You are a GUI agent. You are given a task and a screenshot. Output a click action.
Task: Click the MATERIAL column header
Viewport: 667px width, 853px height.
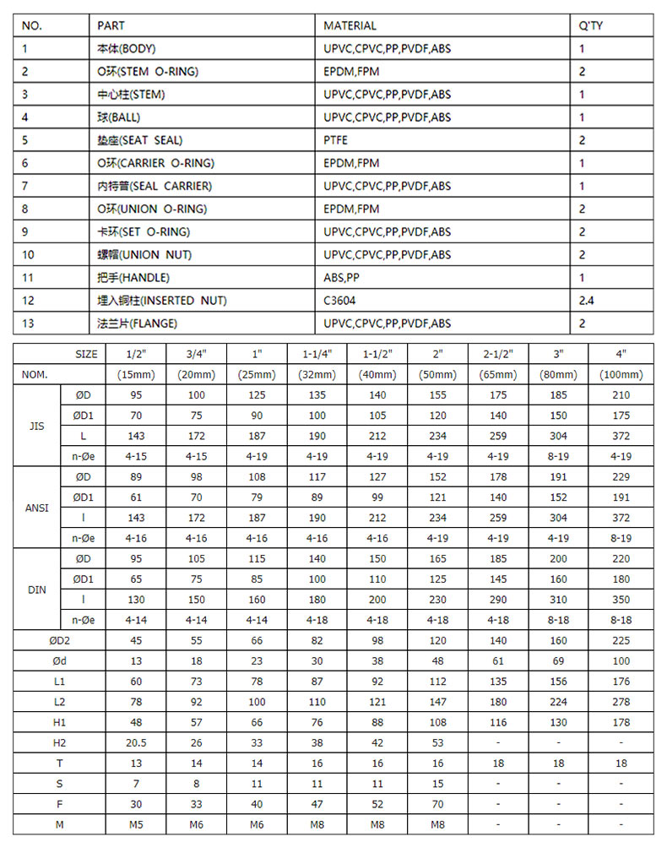tap(350, 25)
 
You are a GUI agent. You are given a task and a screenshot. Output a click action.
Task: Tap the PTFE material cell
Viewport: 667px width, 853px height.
tap(335, 140)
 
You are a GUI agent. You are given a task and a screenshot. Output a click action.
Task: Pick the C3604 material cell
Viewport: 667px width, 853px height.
tap(339, 301)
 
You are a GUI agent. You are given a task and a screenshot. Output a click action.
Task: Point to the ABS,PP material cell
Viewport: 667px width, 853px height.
tap(341, 278)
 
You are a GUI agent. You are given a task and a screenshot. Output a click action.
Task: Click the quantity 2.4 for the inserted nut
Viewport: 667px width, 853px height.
tap(587, 301)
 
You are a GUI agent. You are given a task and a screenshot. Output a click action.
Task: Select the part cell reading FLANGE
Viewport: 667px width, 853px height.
tap(137, 323)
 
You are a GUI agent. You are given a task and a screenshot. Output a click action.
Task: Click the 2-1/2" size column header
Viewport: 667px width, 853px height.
tap(498, 355)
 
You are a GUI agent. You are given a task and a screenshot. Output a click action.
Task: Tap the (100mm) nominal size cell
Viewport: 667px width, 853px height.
tap(621, 374)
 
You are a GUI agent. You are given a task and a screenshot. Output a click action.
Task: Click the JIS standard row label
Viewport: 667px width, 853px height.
tap(37, 426)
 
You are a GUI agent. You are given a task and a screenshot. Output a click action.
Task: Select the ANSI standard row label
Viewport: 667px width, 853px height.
tap(37, 508)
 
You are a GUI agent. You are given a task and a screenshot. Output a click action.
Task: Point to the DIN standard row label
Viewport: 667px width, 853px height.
tap(37, 589)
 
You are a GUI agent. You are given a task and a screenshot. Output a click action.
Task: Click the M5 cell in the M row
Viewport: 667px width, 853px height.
tap(135, 824)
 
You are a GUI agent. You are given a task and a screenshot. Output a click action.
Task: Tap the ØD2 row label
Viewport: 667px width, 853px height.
tap(59, 641)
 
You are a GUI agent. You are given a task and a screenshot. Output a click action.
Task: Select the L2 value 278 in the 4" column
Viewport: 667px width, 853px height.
tap(621, 703)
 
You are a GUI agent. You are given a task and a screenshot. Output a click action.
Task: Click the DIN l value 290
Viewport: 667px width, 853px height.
tap(498, 600)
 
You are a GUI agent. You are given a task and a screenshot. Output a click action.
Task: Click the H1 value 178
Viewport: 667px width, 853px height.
tap(621, 723)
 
